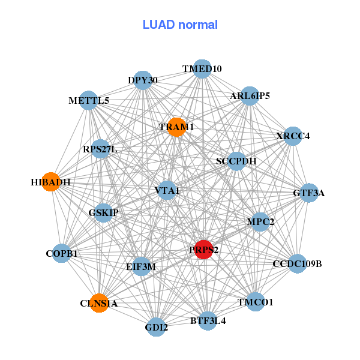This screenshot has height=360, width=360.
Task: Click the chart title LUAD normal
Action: click(x=180, y=25)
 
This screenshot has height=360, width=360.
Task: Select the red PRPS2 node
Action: click(x=204, y=250)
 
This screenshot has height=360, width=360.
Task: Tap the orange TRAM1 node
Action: click(x=176, y=127)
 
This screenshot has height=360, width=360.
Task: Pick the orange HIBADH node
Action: click(x=51, y=182)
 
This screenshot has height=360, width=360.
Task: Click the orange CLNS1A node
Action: click(x=99, y=303)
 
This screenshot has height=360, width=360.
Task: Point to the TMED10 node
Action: click(x=202, y=69)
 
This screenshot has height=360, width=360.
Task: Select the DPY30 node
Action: click(x=143, y=80)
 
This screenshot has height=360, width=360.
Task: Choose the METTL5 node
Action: click(x=89, y=100)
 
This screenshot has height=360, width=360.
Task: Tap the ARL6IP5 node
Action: click(x=250, y=95)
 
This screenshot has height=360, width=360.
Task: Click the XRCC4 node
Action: click(x=293, y=136)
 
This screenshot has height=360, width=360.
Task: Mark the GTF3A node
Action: click(x=308, y=193)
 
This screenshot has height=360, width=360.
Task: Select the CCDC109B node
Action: click(x=297, y=263)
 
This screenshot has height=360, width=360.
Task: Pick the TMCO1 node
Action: click(x=255, y=302)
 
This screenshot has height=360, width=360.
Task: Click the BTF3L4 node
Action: click(x=208, y=320)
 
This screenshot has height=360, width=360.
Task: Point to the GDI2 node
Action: click(x=157, y=327)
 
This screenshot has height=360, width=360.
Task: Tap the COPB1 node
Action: click(x=62, y=254)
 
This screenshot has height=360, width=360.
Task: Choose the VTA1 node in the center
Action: click(x=167, y=191)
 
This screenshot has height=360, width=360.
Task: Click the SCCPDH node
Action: click(x=236, y=161)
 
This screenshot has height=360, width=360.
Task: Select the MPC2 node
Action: click(x=260, y=222)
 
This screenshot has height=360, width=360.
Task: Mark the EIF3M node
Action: click(x=141, y=266)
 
